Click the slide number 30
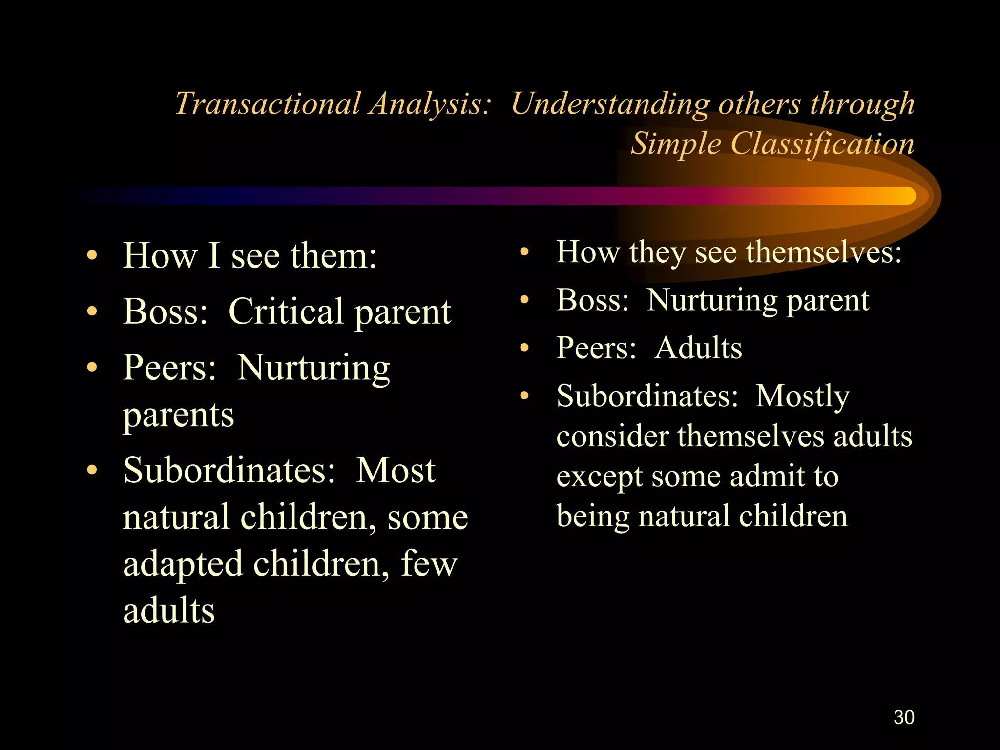pos(904,717)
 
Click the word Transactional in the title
pos(267,104)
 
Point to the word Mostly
pos(802,396)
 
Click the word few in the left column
pos(429,564)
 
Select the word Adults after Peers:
pos(698,349)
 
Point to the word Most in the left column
pos(396,470)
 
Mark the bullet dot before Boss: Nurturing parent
pos(524,300)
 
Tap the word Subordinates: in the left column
pos(229,470)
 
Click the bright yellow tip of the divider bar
pos(906,196)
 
